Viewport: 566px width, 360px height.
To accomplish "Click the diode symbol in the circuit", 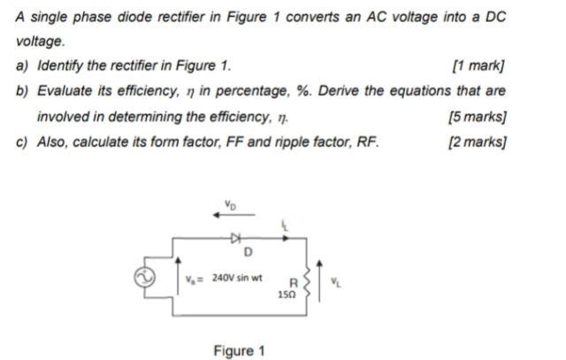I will [235, 237].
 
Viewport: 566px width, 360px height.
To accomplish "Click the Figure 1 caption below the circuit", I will [239, 351].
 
